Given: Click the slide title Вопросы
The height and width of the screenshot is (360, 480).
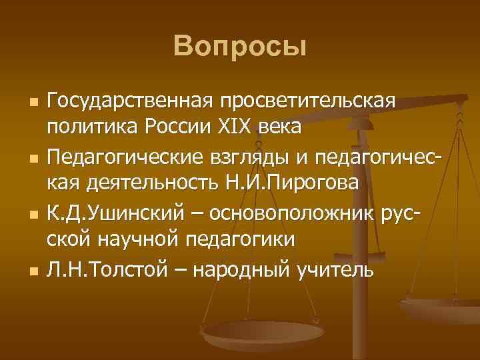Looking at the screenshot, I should [x=240, y=47].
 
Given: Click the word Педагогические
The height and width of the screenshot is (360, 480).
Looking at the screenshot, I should [x=129, y=158].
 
